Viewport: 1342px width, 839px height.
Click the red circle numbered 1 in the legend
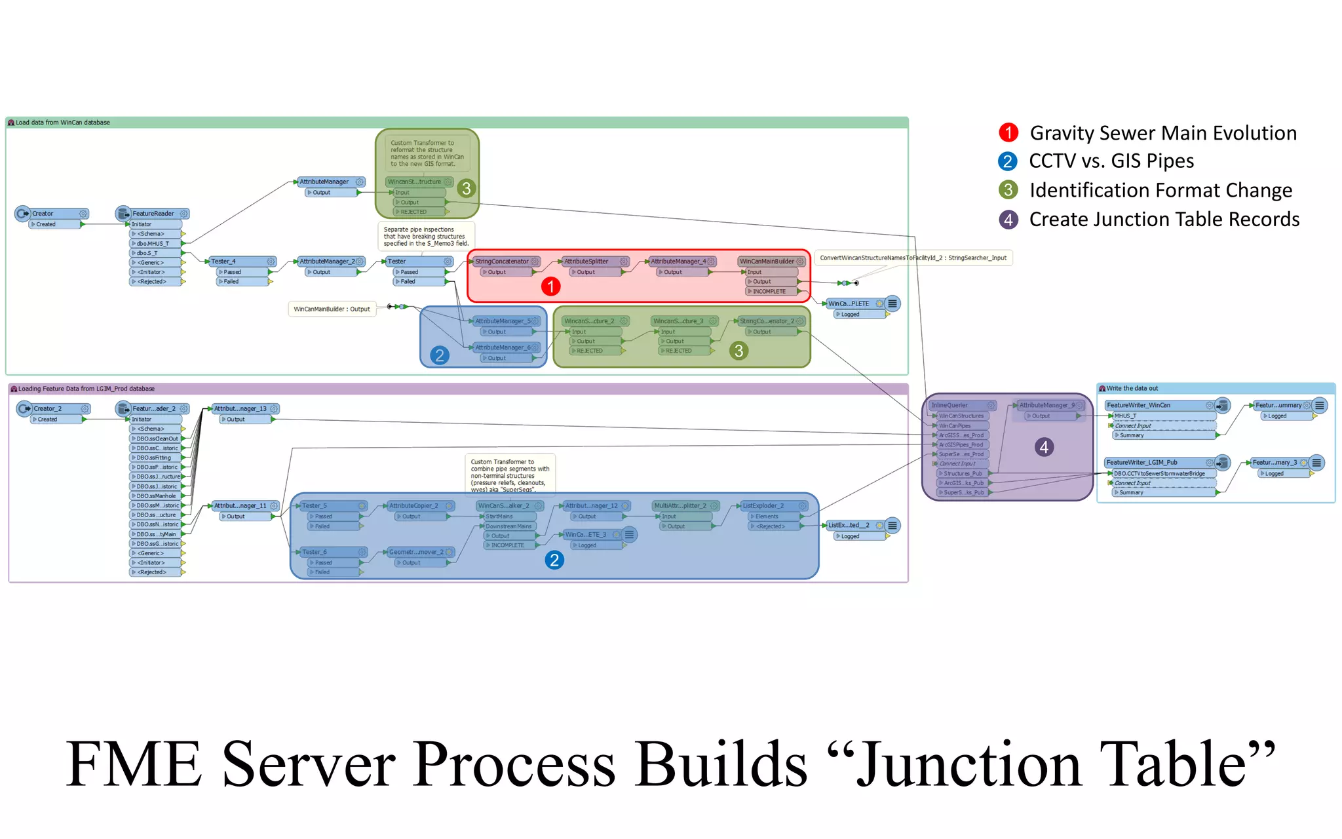point(1008,132)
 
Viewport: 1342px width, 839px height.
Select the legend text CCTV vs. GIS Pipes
point(1111,161)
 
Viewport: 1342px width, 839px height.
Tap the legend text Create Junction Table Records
point(1164,220)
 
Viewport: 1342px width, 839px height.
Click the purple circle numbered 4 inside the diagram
point(1044,447)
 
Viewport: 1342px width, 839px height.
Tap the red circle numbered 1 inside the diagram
point(550,286)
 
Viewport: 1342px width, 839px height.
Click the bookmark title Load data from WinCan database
point(62,123)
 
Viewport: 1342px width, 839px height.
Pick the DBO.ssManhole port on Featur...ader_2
point(156,496)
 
